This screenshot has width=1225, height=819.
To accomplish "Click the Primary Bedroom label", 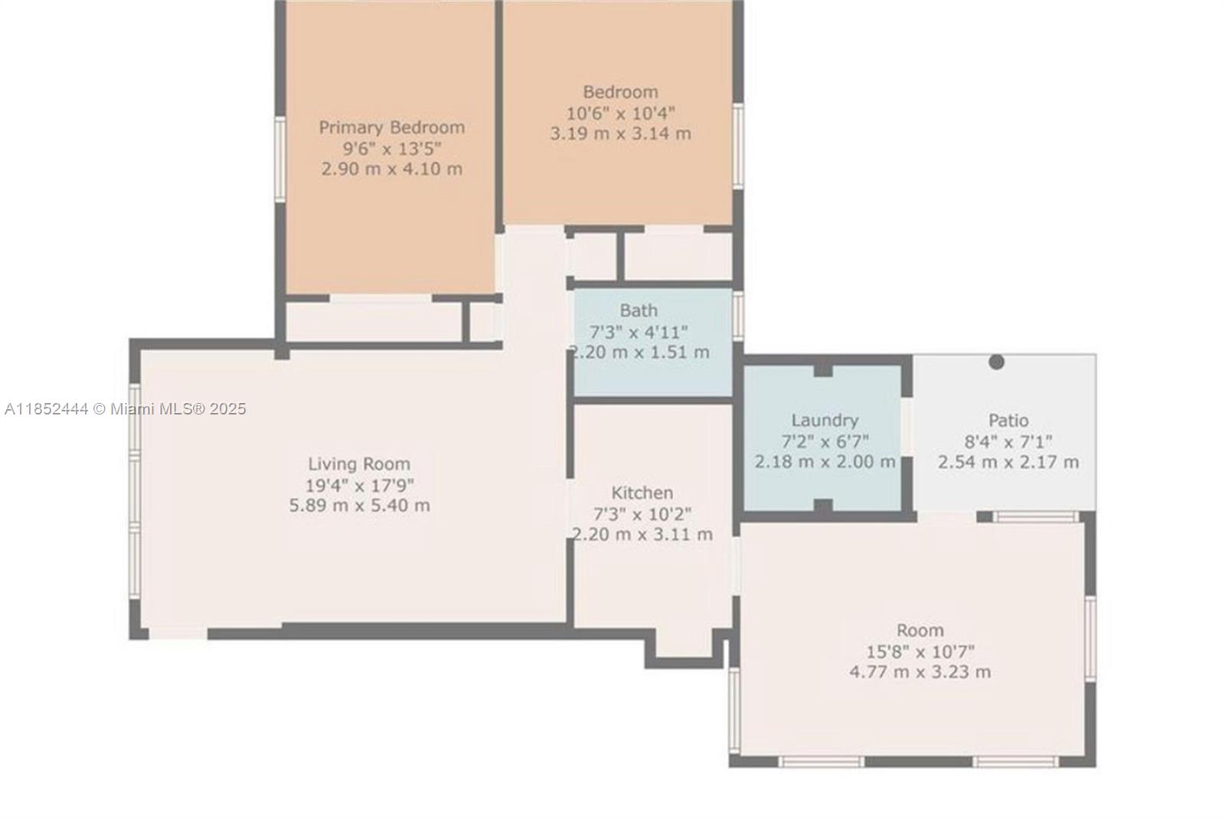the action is [x=391, y=127].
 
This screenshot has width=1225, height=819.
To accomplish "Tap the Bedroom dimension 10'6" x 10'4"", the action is [x=620, y=113].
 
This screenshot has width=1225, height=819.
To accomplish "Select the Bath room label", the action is [x=639, y=310].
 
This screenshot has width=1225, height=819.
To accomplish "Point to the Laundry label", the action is [x=825, y=421].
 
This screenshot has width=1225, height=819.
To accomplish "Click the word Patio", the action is [x=1008, y=420].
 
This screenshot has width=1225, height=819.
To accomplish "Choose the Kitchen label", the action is [x=642, y=493].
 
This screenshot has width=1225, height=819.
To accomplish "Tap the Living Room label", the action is [x=359, y=464].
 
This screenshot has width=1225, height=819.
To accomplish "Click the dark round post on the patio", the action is [x=996, y=362].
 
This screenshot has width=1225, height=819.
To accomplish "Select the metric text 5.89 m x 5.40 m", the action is [x=359, y=505].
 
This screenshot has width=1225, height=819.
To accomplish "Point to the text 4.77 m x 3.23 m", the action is [x=920, y=672].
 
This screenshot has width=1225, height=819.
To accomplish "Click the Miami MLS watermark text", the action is [x=126, y=408].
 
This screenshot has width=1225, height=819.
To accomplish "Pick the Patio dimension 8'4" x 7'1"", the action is [x=1008, y=441].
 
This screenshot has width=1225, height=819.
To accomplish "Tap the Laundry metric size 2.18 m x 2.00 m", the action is [x=825, y=462].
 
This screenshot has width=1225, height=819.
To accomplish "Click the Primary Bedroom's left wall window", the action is [x=280, y=159].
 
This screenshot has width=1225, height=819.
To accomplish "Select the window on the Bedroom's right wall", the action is [x=738, y=146].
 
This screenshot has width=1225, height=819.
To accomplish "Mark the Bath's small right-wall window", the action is [x=738, y=316].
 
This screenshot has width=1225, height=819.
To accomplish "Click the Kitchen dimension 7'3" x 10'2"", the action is [x=642, y=514].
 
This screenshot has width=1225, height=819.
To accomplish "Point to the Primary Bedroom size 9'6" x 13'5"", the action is [x=391, y=149].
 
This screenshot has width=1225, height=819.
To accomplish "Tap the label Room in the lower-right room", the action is [x=920, y=631].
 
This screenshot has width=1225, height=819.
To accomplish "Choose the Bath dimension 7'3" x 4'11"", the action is [x=639, y=332].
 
